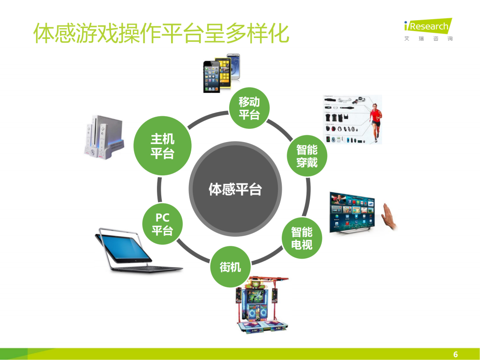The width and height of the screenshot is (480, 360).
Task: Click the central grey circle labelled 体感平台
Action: (235, 189)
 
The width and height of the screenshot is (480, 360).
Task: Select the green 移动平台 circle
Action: (249, 108)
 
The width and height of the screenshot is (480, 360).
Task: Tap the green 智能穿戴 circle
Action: (307, 156)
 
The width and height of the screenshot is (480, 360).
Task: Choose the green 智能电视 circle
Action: (301, 238)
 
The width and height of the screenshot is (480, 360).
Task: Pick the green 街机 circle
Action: (230, 267)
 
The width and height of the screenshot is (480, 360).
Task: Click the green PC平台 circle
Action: (162, 224)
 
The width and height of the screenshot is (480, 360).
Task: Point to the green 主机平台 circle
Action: (162, 146)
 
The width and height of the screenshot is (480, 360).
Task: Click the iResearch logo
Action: (427, 26)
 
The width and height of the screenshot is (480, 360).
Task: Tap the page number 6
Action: (455, 354)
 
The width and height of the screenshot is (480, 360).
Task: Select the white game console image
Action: (104, 136)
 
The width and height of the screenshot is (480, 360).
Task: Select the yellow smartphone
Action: (224, 73)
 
